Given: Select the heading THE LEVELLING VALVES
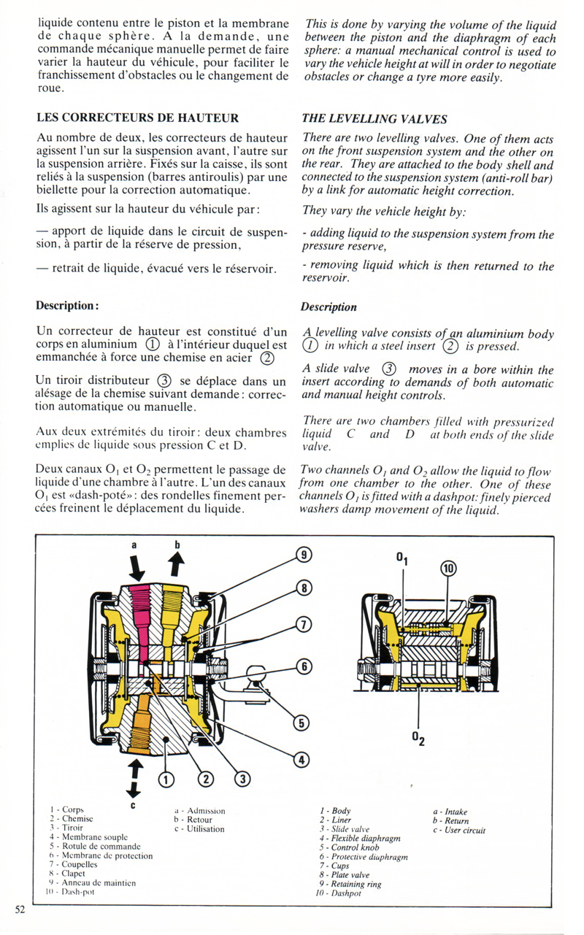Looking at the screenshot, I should coord(374,118).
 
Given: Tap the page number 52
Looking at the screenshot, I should coord(19,909).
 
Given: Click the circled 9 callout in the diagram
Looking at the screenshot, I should coord(304,555).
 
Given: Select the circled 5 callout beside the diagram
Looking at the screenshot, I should coord(301,722).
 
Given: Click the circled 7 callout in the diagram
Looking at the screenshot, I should coord(304,624).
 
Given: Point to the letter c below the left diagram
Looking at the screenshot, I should coord(133,805).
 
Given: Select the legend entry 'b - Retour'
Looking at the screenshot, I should coord(193,820).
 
